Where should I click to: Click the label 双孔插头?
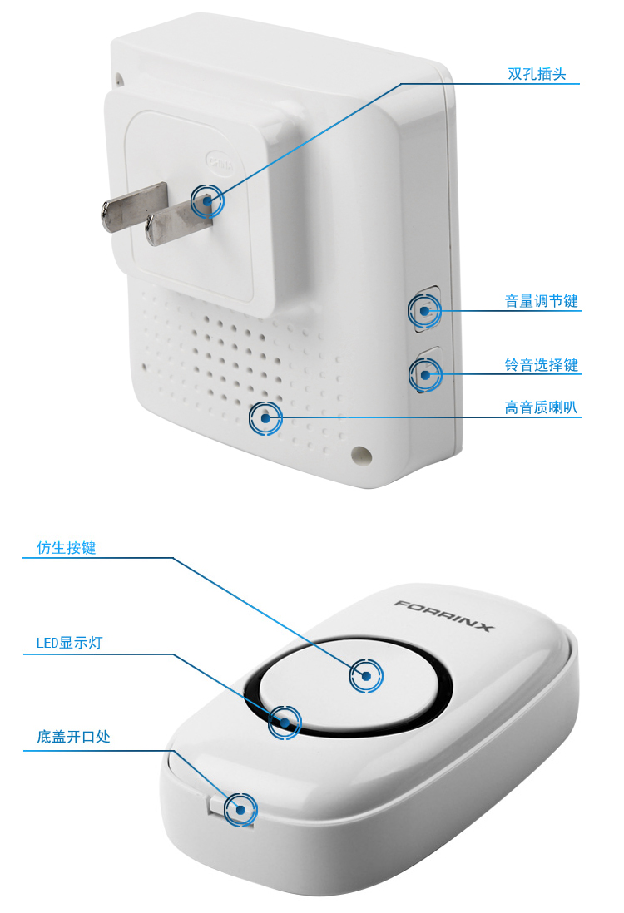tap(537, 74)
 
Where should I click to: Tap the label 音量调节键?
tap(542, 301)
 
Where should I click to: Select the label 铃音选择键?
tap(542, 365)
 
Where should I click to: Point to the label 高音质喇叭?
tap(542, 407)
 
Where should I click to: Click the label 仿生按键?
tap(67, 548)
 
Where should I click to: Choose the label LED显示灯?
tap(69, 643)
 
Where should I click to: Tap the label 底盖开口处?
tap(73, 737)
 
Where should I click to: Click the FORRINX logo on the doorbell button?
tap(443, 615)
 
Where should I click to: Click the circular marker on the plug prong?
tap(207, 201)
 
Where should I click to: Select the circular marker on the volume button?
tap(425, 311)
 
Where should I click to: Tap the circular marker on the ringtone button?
tap(425, 374)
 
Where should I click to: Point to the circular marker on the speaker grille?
tap(265, 418)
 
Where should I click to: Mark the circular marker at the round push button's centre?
tap(366, 676)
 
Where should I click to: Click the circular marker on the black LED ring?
tap(285, 723)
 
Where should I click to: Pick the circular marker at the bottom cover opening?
tap(240, 809)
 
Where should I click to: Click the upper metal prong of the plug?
tap(134, 207)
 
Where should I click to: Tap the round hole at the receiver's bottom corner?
tap(361, 456)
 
